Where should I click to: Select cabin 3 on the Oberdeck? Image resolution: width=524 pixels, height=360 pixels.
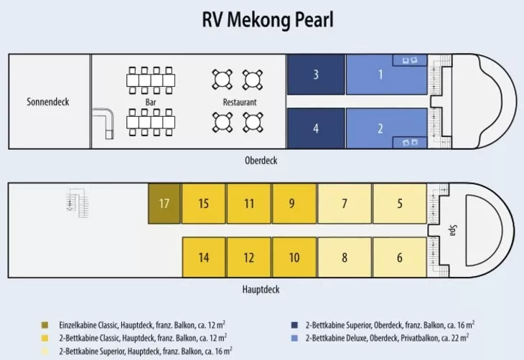tap(316, 75)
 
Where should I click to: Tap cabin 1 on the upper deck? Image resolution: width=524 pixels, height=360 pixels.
tap(380, 75)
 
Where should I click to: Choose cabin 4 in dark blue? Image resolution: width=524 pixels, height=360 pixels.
tap(316, 129)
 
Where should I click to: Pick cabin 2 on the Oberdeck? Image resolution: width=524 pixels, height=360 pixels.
tap(380, 129)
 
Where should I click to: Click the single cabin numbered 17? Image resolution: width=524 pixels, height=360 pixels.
tap(164, 204)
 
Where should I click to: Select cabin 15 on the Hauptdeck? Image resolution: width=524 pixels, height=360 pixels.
tap(203, 204)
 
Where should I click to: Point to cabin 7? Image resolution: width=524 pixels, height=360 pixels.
tap(345, 204)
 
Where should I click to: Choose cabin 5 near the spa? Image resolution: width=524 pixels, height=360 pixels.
tap(399, 204)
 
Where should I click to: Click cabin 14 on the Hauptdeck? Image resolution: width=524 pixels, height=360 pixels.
tap(203, 257)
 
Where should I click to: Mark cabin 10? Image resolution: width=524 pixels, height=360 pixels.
tap(294, 257)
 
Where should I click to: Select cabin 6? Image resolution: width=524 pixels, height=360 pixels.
tap(399, 257)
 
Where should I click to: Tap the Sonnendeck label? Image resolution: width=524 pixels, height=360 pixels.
tap(48, 102)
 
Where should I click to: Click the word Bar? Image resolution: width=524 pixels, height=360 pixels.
tap(151, 103)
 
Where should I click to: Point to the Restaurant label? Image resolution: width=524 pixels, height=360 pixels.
tap(240, 103)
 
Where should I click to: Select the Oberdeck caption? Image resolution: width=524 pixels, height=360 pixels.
tap(261, 161)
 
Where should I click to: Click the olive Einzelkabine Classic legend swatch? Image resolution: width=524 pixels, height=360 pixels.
tap(45, 325)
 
